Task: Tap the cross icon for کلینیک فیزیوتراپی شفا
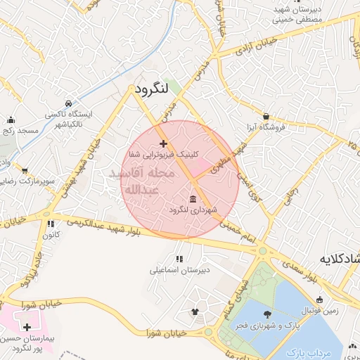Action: [x=164, y=143]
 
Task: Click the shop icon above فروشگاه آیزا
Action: [x=266, y=116]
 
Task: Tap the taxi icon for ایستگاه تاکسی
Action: [x=68, y=103]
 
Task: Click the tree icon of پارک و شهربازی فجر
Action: [x=266, y=314]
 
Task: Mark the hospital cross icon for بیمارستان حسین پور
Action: [x=27, y=327]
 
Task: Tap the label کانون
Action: [x=49, y=235]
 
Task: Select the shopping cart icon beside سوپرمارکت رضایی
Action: [x=25, y=171]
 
